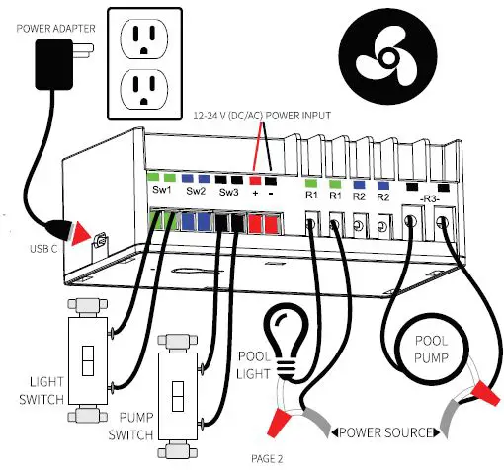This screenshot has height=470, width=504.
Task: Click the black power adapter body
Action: click(x=53, y=64)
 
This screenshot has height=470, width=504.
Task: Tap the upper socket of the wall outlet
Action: click(x=144, y=39)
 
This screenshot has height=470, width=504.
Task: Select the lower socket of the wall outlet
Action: click(x=144, y=89)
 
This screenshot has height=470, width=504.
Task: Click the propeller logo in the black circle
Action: click(x=388, y=58)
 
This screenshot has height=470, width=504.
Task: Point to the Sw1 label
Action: click(x=162, y=190)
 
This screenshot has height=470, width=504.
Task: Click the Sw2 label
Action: click(x=196, y=191)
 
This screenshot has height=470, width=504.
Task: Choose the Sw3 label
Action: click(x=228, y=192)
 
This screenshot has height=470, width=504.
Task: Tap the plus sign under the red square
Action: click(x=255, y=193)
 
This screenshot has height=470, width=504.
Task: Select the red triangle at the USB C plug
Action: click(x=80, y=233)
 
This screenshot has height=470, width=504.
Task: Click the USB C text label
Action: click(x=43, y=249)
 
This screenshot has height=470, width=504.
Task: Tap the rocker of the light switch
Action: click(x=88, y=360)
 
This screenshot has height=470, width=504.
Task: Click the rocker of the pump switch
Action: click(x=178, y=396)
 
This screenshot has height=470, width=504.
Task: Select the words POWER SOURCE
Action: click(x=385, y=432)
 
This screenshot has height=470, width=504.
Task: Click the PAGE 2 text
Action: click(x=267, y=458)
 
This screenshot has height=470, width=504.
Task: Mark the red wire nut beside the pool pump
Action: click(x=484, y=393)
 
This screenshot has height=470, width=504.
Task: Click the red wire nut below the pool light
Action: click(x=279, y=422)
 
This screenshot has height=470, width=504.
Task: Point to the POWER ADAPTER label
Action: click(x=55, y=29)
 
